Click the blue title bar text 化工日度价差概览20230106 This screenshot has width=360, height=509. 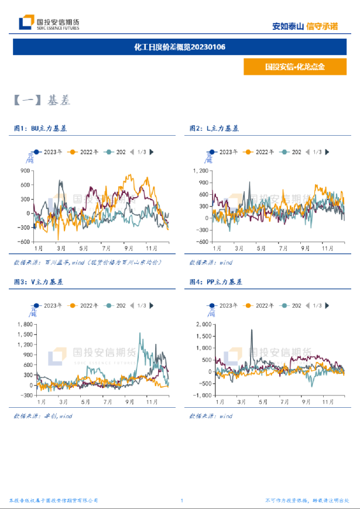tap(180, 47)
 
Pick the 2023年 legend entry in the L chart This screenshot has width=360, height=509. tap(225, 152)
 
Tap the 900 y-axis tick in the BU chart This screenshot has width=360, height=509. tap(25, 171)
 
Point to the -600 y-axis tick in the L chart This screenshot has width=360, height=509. tap(201, 242)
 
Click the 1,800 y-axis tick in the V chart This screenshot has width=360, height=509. tap(25, 324)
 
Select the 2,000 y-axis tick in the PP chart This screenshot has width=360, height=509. tap(202, 324)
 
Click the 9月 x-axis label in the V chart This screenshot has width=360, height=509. tap(128, 403)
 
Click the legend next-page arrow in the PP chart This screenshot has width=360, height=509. tap(326, 305)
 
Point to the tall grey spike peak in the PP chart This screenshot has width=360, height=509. tap(252, 330)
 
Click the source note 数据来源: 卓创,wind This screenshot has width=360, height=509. tap(43, 416)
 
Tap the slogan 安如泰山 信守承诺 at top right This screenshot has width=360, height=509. tap(305, 26)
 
